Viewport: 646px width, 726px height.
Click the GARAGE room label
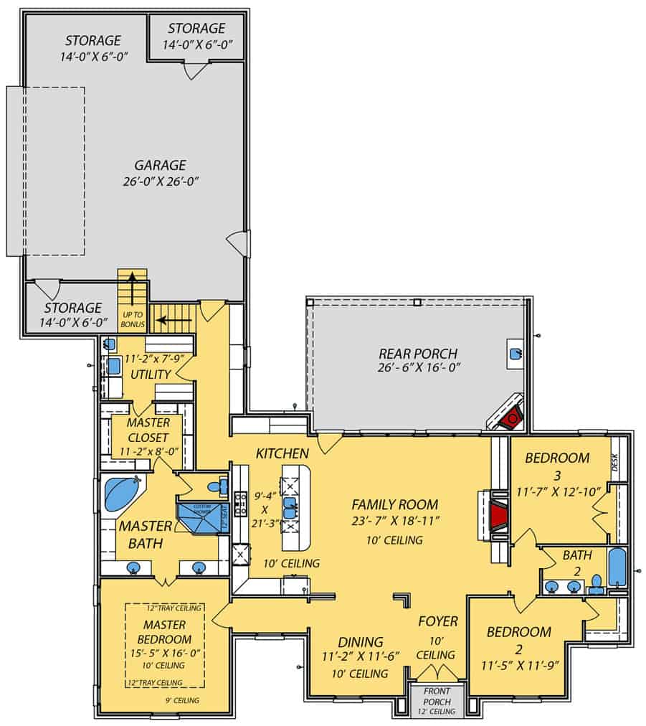pyautogui.click(x=154, y=164)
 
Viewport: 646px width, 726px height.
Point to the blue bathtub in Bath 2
pyautogui.click(x=617, y=568)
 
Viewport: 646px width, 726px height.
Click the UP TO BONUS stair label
pyautogui.click(x=133, y=320)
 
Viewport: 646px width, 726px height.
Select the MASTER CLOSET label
pyautogui.click(x=148, y=430)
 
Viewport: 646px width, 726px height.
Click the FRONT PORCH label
pyautogui.click(x=436, y=696)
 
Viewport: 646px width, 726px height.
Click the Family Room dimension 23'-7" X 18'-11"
pyautogui.click(x=394, y=522)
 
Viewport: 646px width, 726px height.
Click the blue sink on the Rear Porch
pyautogui.click(x=516, y=353)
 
